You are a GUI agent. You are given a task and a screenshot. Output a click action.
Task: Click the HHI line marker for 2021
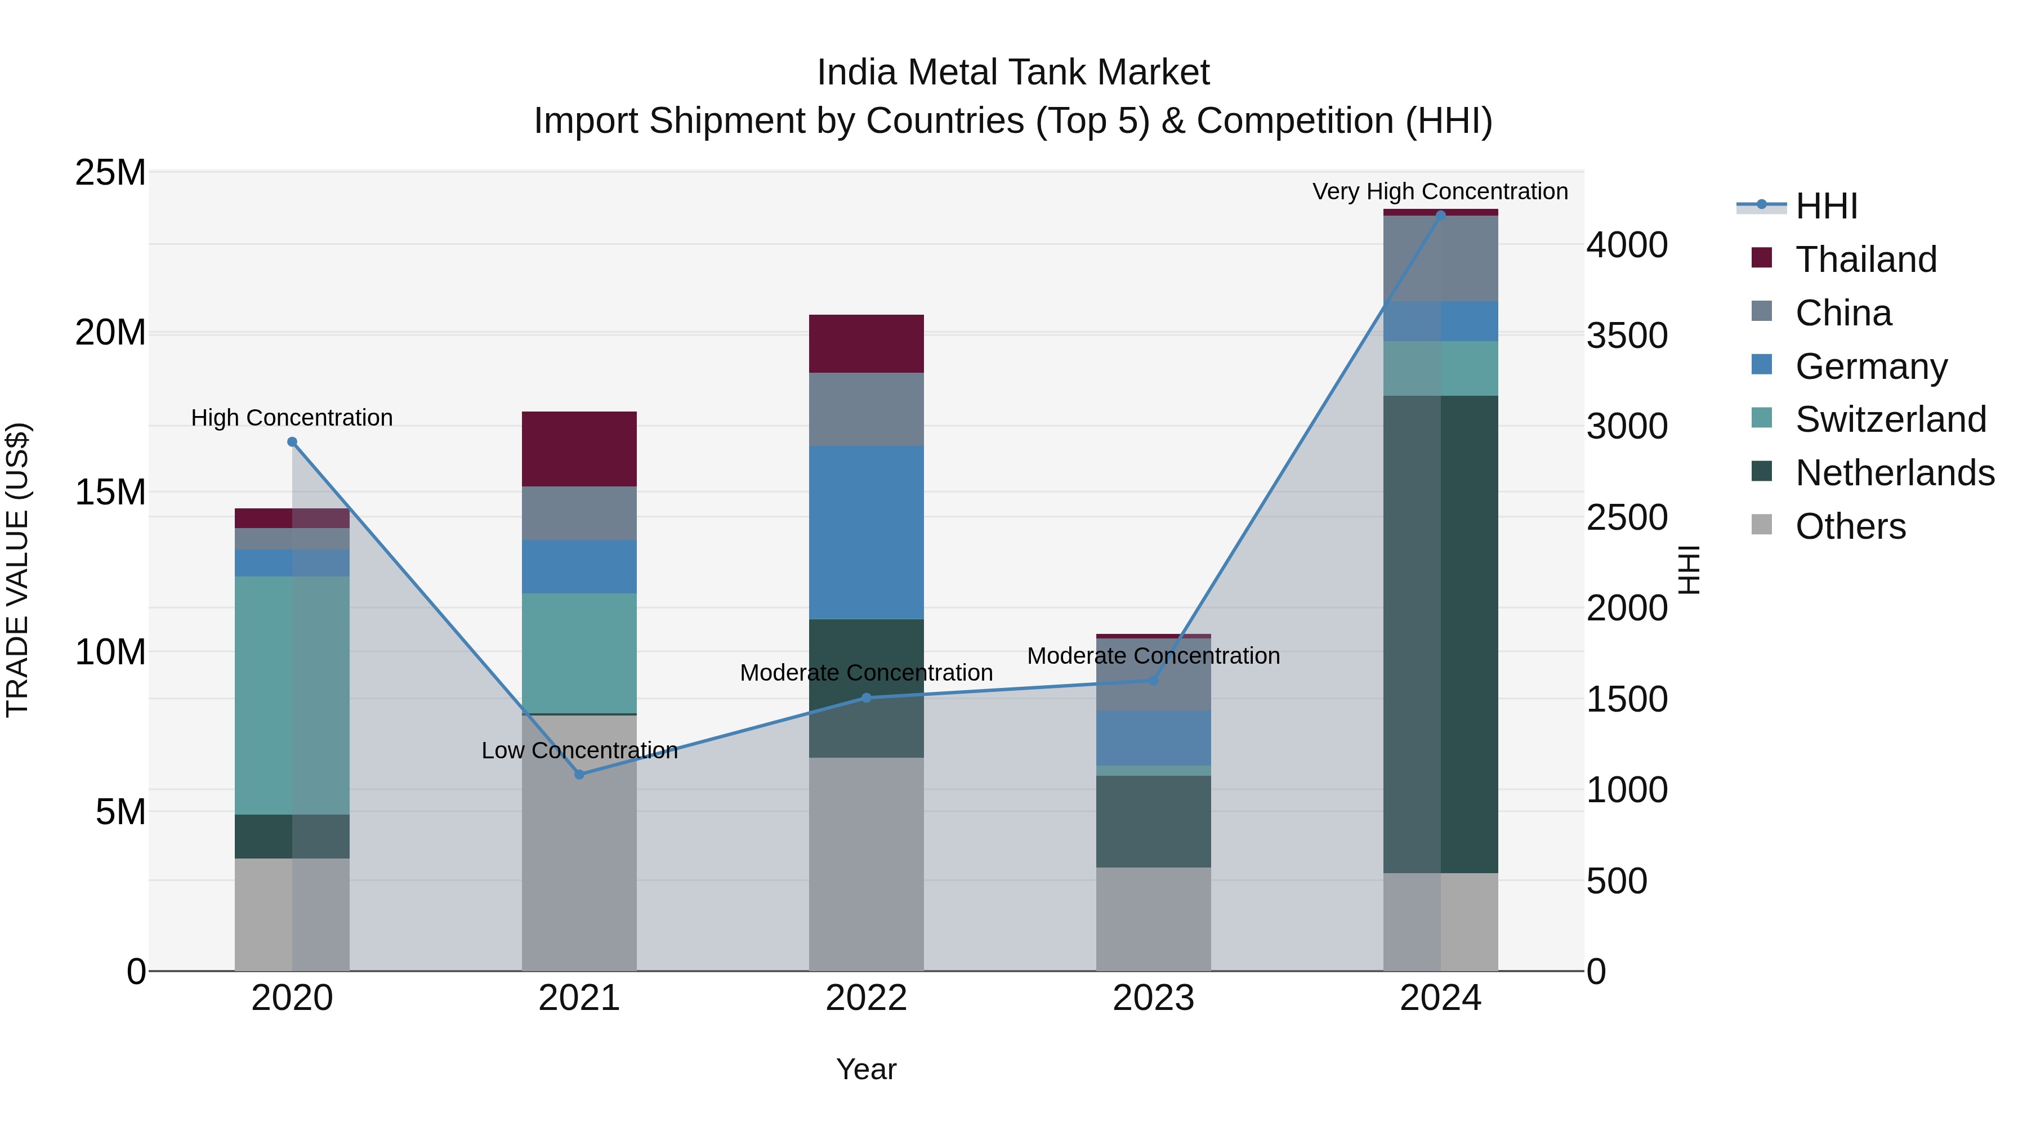click(579, 774)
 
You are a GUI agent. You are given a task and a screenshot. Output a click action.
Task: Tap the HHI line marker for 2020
click(292, 442)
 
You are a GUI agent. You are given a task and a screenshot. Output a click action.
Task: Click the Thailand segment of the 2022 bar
click(867, 344)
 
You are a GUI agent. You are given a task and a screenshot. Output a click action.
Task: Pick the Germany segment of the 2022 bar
click(867, 533)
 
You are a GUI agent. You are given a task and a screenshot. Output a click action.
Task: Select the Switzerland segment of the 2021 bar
click(579, 653)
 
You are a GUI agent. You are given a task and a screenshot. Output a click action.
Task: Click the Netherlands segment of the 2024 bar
click(1441, 634)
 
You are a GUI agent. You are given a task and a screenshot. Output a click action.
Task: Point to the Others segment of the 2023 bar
click(1154, 919)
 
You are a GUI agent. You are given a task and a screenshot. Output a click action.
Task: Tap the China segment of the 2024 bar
click(1441, 258)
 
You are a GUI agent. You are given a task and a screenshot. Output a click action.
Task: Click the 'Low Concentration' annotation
click(579, 750)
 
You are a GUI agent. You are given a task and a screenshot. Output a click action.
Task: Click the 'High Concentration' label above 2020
click(292, 418)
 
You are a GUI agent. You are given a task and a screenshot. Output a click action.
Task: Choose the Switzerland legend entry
click(1889, 419)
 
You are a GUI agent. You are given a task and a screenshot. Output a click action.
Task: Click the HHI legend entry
click(1825, 206)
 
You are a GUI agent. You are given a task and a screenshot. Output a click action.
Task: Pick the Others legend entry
click(1849, 526)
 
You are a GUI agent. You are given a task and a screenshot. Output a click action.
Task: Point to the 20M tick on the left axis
click(110, 333)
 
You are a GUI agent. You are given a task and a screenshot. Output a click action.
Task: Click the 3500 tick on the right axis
click(1626, 336)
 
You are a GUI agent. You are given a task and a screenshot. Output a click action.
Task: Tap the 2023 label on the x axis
click(1154, 998)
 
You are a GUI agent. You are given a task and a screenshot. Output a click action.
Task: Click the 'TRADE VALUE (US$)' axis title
click(17, 570)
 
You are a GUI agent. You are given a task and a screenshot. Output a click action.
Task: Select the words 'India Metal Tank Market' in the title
click(1013, 73)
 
